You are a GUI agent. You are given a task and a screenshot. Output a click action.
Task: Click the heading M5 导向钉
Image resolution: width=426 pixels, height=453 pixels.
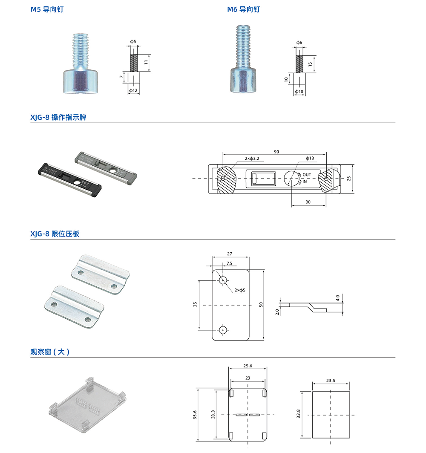tap(47, 9)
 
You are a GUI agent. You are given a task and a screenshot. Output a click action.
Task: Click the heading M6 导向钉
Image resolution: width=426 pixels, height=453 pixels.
tap(243, 9)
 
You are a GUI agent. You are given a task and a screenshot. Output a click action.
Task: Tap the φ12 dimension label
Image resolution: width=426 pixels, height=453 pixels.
tap(133, 91)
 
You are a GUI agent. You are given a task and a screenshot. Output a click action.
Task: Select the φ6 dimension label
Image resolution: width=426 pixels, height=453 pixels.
tap(299, 43)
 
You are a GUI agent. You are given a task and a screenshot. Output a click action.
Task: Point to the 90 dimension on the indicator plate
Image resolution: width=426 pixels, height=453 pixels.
tap(276, 152)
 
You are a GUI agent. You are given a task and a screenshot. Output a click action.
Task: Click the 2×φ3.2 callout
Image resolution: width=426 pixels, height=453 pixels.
tap(252, 159)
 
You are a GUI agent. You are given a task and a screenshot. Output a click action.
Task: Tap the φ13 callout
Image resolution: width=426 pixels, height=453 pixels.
tap(310, 159)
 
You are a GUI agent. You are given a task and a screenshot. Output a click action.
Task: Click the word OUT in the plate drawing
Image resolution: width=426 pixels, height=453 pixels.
tap(307, 175)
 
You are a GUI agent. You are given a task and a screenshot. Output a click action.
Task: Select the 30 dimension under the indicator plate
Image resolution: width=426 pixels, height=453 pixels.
tap(308, 202)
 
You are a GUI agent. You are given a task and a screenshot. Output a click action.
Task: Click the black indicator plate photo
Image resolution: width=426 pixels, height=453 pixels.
tap(68, 176)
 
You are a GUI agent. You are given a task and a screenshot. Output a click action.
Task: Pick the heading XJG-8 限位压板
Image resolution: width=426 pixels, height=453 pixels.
tap(55, 234)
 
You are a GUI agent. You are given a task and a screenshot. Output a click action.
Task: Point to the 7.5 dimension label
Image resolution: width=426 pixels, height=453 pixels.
tap(229, 263)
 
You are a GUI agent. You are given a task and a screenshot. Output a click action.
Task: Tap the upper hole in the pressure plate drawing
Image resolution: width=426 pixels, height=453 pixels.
tap(223, 280)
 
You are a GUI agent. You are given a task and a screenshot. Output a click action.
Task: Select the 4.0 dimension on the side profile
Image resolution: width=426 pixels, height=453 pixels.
tap(337, 297)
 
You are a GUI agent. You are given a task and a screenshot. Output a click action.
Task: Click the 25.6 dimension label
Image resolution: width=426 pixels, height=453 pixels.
tap(248, 366)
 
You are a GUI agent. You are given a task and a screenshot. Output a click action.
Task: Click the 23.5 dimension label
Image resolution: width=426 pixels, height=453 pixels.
tap(331, 381)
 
